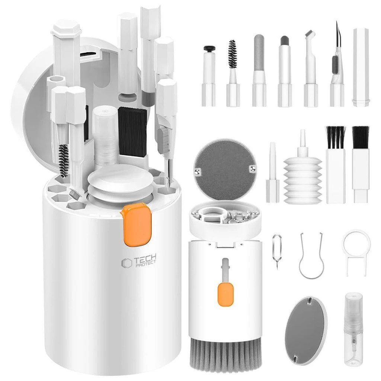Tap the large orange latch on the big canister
tap(137, 224)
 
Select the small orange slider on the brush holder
tap(225, 294)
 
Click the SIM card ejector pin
tap(277, 252)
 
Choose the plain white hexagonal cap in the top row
tap(361, 67)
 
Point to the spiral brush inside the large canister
tap(64, 160)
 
